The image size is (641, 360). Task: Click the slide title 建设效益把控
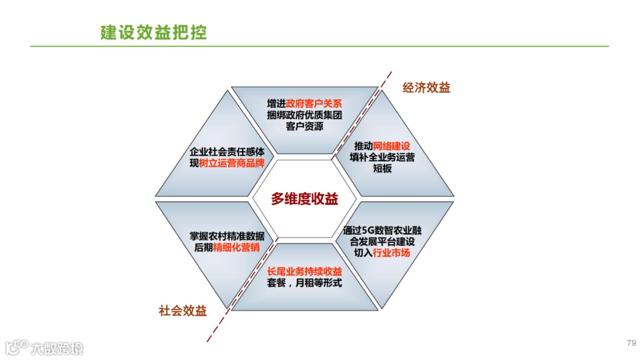[153, 32]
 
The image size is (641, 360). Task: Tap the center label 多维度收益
[304, 199]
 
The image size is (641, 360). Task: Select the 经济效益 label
[426, 88]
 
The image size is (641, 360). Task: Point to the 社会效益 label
[183, 311]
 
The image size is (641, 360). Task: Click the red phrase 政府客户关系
[314, 103]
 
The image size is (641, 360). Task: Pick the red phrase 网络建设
[392, 146]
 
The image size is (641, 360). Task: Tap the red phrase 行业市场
[391, 253]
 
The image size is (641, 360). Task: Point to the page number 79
[631, 343]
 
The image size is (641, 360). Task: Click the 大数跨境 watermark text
[58, 348]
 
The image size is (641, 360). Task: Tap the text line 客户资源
[304, 126]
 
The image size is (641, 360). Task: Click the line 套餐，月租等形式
[304, 283]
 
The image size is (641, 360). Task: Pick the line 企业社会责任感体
[227, 151]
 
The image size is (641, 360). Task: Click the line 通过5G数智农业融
[382, 230]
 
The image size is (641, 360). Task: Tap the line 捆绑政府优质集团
[304, 115]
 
